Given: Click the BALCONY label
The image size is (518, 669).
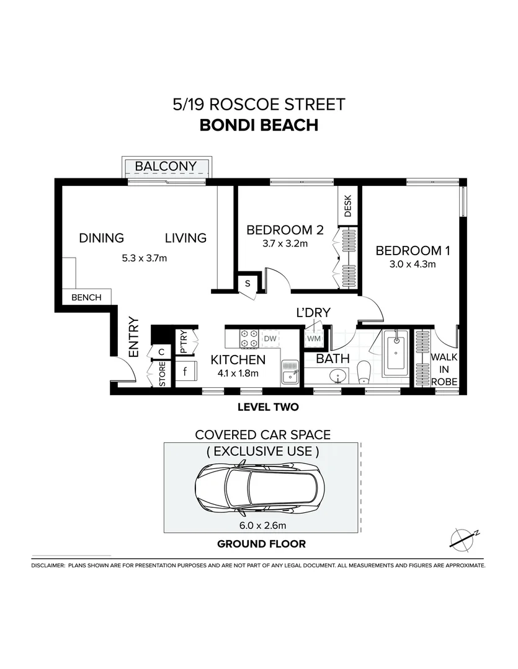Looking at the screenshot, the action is [166, 166].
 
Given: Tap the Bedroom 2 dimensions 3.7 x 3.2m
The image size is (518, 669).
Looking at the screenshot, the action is [285, 243].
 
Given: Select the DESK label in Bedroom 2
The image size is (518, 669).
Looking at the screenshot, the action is [347, 206].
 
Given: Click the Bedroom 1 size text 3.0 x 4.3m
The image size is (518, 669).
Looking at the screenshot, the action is [413, 264].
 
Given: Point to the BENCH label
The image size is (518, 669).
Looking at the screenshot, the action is [86, 297].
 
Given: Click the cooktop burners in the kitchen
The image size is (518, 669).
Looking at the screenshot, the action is [249, 338].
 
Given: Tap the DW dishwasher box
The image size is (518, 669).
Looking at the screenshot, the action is [270, 338].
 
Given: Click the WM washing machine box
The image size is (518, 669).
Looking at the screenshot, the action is [314, 339].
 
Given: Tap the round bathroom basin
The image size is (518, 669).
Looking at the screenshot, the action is [337, 376].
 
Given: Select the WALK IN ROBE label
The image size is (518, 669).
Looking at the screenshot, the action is [444, 369].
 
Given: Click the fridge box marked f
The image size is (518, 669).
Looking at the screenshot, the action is [185, 372].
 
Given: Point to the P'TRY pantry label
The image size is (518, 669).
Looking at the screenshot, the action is [184, 342].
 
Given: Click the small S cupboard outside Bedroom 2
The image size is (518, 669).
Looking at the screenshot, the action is [248, 283].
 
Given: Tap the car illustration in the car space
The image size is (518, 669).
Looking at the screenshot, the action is [262, 488].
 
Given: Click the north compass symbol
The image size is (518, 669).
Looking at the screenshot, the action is [463, 538].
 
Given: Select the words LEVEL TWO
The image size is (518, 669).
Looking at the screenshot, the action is [268, 407].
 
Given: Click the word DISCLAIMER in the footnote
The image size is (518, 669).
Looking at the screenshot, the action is [47, 566].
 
